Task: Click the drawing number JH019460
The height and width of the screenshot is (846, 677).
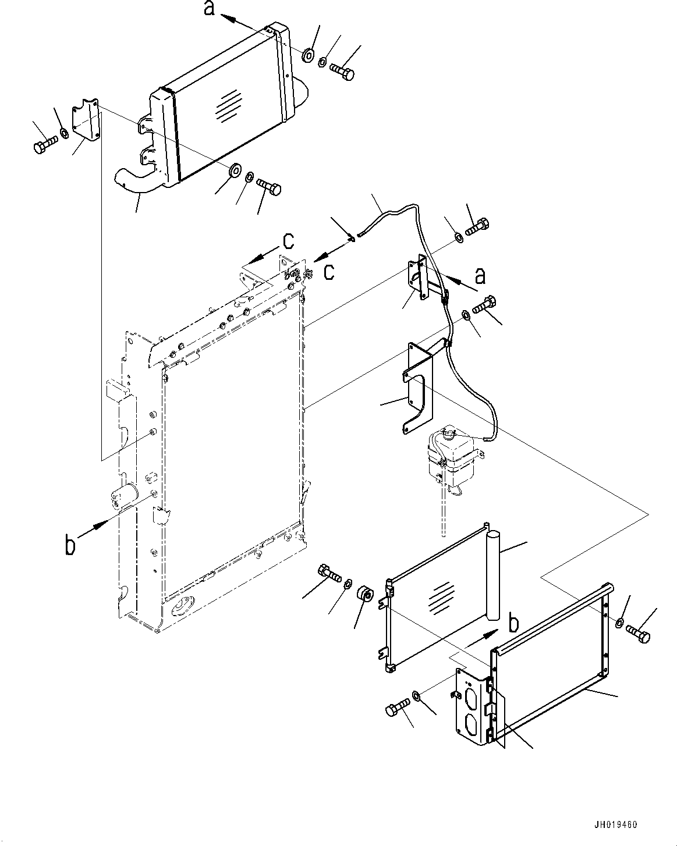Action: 615,824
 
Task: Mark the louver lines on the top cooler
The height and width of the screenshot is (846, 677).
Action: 228,105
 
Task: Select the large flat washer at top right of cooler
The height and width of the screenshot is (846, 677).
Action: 308,55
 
